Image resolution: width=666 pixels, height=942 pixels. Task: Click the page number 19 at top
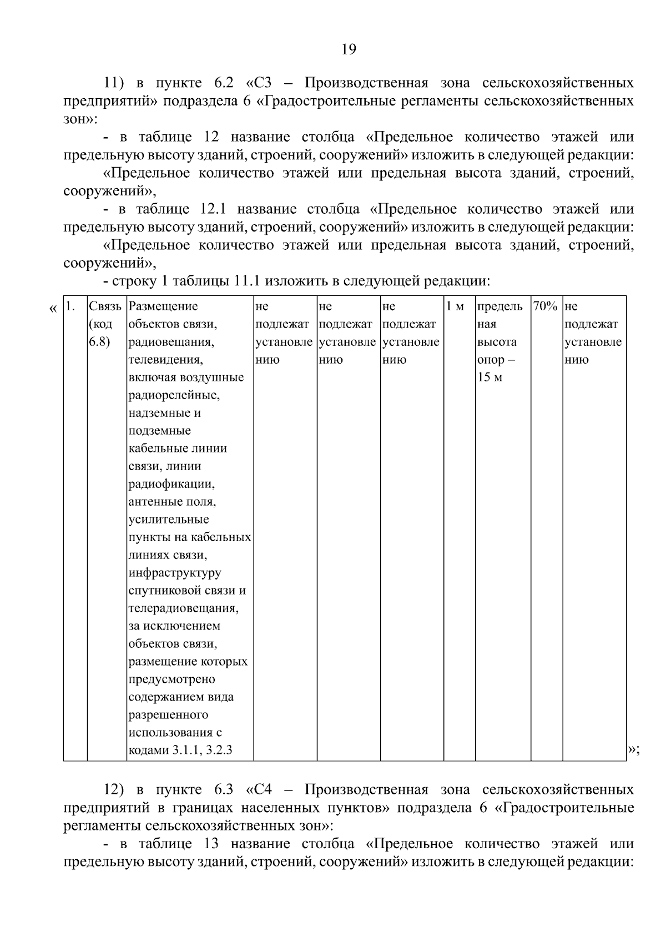click(348, 50)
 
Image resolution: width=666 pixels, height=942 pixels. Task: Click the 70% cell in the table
click(544, 306)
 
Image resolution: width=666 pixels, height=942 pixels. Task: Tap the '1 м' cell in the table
click(455, 306)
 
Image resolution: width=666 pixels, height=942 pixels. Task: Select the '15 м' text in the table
click(490, 377)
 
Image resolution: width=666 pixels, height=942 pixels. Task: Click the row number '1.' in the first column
click(70, 306)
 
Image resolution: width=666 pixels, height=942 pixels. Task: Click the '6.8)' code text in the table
click(99, 341)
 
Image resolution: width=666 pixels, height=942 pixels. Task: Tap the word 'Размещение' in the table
click(163, 306)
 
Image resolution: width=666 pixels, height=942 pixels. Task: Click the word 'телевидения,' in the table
click(165, 360)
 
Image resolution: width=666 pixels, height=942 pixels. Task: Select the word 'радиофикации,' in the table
click(171, 484)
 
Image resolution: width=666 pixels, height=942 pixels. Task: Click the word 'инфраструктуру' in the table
click(175, 573)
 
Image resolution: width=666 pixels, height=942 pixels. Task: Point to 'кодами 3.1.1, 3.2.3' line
click(180, 750)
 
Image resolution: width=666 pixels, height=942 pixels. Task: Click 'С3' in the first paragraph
click(261, 83)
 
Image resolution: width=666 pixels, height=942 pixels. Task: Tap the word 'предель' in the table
click(500, 306)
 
